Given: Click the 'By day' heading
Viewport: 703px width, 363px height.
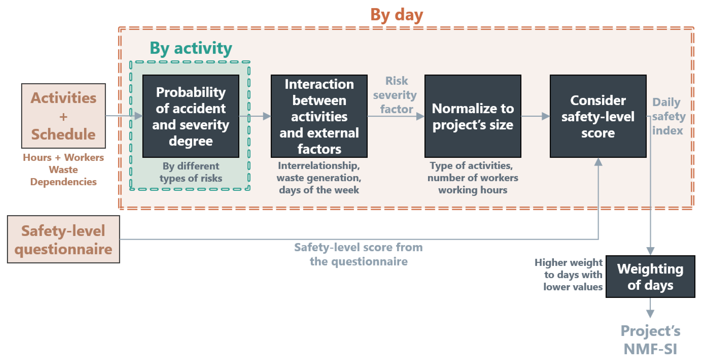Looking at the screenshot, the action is tap(397, 15).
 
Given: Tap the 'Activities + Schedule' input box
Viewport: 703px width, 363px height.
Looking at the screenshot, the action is tap(63, 116).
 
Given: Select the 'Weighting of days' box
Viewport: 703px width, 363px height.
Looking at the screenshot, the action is tap(650, 276).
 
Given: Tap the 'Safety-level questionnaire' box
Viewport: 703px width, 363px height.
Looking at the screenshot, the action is tap(63, 239).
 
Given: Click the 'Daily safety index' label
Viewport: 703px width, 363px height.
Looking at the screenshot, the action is tap(669, 116).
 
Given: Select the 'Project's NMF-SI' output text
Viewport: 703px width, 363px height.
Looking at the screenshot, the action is tap(650, 340).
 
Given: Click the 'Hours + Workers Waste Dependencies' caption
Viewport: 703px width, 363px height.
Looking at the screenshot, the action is tap(63, 169).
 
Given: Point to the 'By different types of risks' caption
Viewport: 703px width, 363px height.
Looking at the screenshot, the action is tap(191, 172).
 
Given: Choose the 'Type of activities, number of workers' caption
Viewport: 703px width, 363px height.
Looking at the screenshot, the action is tap(473, 178).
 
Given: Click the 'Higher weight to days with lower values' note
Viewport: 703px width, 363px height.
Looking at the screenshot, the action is tap(569, 274).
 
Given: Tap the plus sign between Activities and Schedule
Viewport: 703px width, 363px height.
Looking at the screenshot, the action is tap(63, 117).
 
